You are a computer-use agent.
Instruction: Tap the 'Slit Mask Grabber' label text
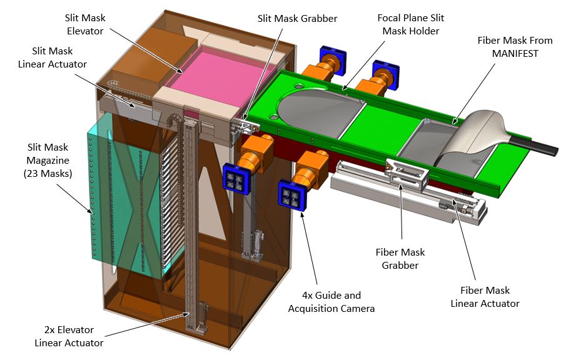[297, 19]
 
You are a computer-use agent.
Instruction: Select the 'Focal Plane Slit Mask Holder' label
[411, 24]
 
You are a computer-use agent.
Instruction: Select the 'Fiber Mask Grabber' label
[400, 259]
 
